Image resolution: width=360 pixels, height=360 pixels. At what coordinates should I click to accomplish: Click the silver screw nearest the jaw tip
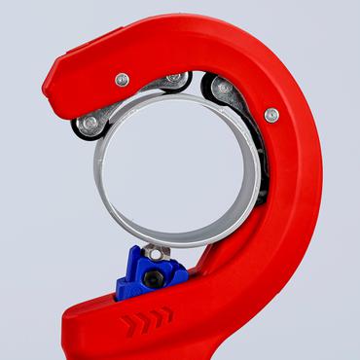[x=122, y=80]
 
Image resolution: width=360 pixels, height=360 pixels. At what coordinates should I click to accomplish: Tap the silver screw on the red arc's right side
[x=271, y=115]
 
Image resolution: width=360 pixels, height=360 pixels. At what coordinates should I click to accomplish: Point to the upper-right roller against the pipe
[x=223, y=90]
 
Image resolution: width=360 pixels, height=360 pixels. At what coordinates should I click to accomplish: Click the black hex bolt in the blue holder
[x=153, y=280]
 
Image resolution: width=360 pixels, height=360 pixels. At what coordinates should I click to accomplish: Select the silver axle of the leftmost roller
[x=90, y=123]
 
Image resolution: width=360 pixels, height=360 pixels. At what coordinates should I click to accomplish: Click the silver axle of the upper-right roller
[x=224, y=89]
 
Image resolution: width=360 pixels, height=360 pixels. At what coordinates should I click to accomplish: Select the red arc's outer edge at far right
[x=322, y=175]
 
